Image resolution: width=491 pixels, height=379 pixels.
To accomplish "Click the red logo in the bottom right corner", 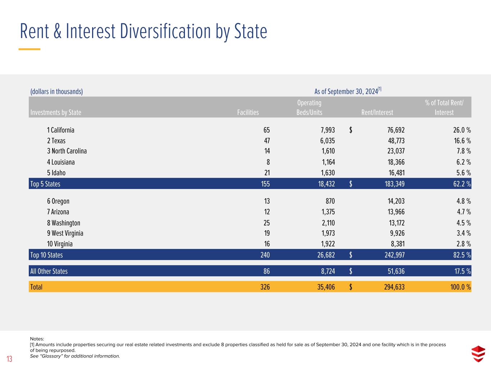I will pos(478,353).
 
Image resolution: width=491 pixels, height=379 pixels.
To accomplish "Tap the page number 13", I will pos(9,359).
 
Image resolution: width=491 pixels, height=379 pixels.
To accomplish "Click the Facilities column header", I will pos(248,112).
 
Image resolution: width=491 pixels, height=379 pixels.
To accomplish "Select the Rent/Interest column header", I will pos(377,112).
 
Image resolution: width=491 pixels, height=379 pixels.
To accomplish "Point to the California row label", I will pos(60,130).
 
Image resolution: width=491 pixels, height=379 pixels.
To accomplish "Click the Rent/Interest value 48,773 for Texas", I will pos(394,141).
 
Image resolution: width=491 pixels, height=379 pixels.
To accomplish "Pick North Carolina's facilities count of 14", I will pos(267,151).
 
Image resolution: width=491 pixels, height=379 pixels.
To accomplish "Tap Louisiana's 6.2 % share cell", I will pos(461,162).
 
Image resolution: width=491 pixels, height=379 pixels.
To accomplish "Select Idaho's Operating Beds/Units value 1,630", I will pos(327,173).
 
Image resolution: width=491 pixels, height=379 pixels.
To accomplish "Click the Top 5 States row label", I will pos(45,184).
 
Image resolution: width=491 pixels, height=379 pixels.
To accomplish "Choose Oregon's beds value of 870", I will pos(329,201).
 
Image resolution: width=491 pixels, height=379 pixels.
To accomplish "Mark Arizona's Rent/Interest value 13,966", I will pos(394,212).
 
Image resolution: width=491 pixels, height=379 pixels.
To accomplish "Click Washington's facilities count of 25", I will pos(267,223).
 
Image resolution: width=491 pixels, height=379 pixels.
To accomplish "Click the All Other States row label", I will pos(49,271).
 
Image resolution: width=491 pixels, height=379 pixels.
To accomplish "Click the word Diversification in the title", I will pos(166,32).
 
